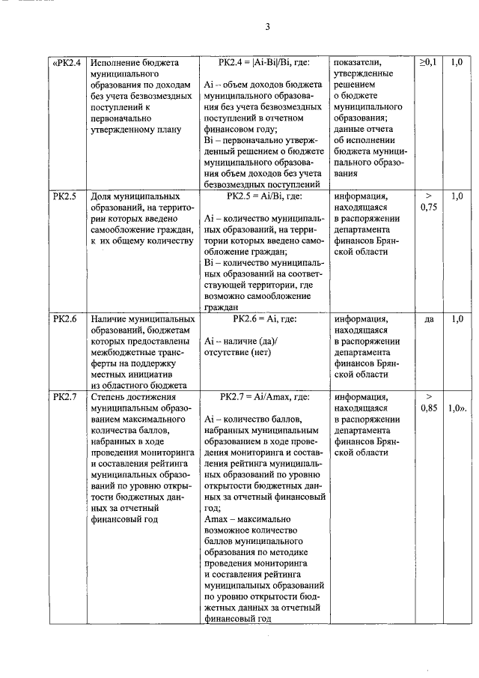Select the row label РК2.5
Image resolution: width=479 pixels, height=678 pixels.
[65, 196]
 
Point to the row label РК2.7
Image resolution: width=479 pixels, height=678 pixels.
[65, 396]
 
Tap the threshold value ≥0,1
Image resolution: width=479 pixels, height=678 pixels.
[429, 62]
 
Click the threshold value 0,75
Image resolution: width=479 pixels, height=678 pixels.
[429, 208]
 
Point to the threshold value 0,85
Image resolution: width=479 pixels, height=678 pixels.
[429, 409]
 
